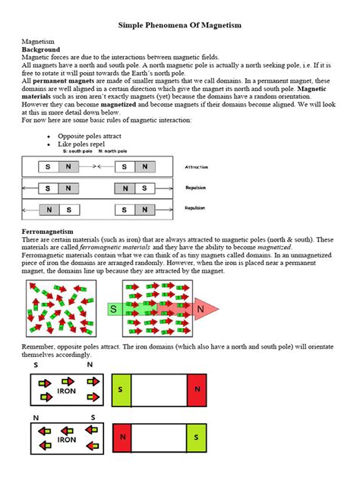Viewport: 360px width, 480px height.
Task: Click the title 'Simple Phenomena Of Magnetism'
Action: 180,25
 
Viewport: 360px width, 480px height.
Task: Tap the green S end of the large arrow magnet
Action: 114,309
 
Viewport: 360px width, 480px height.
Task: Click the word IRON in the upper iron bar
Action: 67,390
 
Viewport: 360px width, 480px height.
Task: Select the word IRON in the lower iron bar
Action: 67,440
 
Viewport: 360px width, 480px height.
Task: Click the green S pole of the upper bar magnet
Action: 121,389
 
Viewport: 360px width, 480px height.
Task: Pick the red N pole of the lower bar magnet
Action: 121,438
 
